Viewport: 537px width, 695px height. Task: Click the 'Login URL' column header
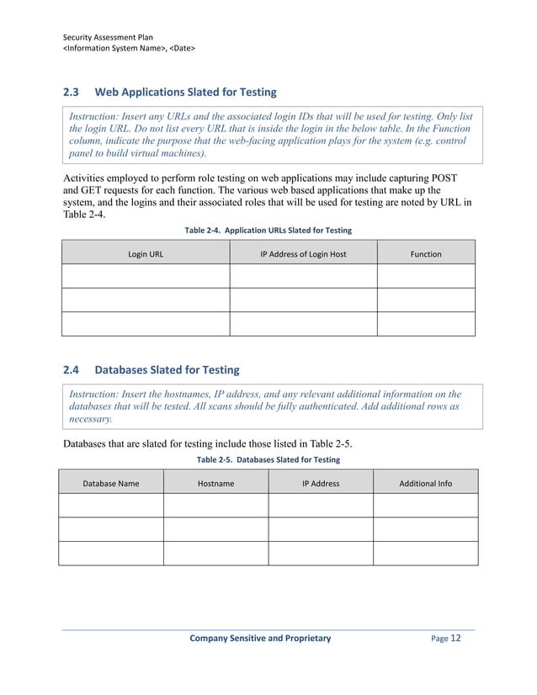[145, 253]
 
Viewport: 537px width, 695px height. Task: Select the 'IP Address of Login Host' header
[303, 253]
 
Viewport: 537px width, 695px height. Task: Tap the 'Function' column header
[426, 253]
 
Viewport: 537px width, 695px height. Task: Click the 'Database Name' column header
[110, 484]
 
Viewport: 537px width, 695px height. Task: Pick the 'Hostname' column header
[215, 484]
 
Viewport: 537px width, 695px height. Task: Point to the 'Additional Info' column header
[425, 484]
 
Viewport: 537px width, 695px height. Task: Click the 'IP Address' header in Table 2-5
[320, 484]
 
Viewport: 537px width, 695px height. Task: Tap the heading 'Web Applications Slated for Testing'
[185, 92]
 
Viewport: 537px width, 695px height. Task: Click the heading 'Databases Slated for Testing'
[167, 369]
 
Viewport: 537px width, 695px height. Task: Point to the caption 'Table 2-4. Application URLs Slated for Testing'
[268, 231]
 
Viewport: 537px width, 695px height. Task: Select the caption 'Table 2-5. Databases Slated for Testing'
[268, 460]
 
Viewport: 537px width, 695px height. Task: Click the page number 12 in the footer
[456, 639]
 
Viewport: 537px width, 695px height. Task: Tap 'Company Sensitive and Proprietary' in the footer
[260, 639]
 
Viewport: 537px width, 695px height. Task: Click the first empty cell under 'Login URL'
[145, 277]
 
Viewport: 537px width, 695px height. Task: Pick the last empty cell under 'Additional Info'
[425, 553]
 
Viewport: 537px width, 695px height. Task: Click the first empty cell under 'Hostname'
[215, 506]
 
